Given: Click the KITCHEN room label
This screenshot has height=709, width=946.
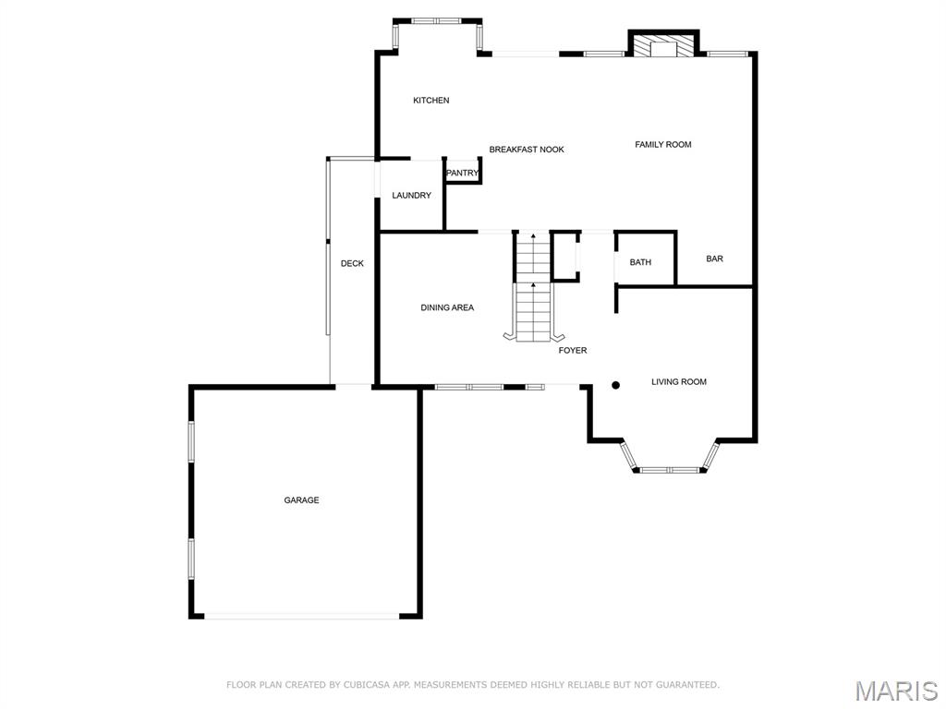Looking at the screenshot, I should pos(431,101).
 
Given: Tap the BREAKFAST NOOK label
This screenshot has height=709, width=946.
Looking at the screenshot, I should pos(526,150).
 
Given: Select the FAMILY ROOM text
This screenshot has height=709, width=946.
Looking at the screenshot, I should pos(662,145).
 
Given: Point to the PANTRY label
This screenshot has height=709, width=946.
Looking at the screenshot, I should pos(462,174).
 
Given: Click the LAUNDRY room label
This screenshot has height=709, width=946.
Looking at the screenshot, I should pos(411,196).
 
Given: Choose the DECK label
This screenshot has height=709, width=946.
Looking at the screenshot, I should pos(352,264).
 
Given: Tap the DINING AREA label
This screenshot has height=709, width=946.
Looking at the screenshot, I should pos(447,308).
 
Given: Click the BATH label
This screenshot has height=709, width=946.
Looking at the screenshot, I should pos(640,263).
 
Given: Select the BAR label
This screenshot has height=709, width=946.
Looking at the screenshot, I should pos(714,259).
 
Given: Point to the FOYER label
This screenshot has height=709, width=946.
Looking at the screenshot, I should pos(572,351).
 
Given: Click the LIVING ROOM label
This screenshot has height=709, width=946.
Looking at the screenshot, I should pos(678,382).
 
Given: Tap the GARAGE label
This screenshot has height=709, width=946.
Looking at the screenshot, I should pos(301,500).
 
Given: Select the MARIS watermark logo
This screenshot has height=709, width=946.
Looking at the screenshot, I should pos(895,691).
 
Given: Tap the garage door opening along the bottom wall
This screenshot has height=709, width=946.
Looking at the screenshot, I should pos(301,616).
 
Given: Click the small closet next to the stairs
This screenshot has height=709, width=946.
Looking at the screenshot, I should pos(564,256).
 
